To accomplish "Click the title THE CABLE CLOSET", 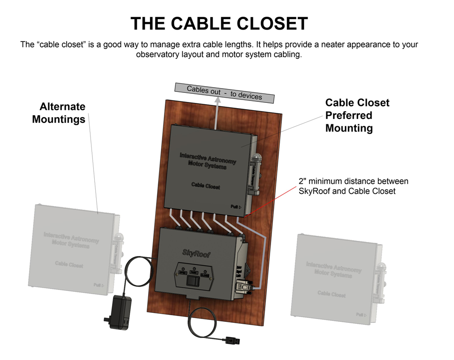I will click(219, 23).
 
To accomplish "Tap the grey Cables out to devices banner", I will click(224, 92).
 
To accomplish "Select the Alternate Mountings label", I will click(59, 113).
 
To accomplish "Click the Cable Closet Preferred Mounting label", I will click(357, 115).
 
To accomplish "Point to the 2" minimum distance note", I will click(353, 186).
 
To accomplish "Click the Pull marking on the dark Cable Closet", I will click(236, 207).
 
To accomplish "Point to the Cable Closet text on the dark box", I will click(205, 185).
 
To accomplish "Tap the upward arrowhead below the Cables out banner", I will click(218, 101).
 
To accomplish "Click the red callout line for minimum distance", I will click(267, 200).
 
